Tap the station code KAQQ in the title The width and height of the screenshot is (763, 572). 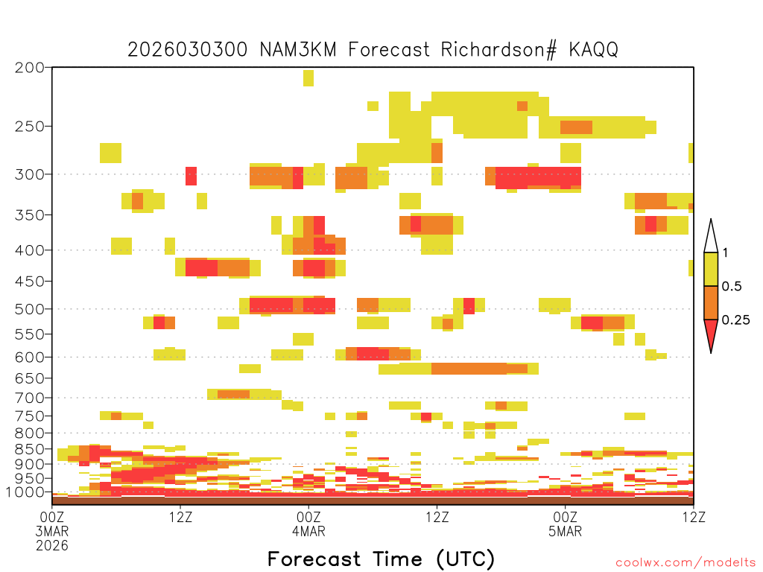[594, 50]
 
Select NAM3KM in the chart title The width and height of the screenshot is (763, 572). [298, 50]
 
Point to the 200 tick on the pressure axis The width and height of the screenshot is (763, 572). [29, 68]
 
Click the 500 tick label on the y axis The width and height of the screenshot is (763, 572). [29, 309]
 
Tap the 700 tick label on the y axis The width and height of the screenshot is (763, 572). [29, 398]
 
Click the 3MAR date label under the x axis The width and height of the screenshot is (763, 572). [52, 531]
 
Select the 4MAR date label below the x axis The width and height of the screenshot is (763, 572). [308, 531]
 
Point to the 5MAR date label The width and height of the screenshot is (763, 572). [565, 531]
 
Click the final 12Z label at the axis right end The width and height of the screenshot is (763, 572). [694, 517]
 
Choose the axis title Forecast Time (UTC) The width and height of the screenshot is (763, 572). [381, 559]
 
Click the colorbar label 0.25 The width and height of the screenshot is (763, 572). [735, 320]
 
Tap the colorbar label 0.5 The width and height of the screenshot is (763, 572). [732, 287]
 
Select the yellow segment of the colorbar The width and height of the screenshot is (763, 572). [711, 269]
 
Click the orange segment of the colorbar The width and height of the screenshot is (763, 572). [711, 302]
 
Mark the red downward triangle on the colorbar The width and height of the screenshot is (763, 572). [711, 333]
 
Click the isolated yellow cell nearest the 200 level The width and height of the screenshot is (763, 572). [308, 77]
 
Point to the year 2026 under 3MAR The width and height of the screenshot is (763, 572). [52, 546]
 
